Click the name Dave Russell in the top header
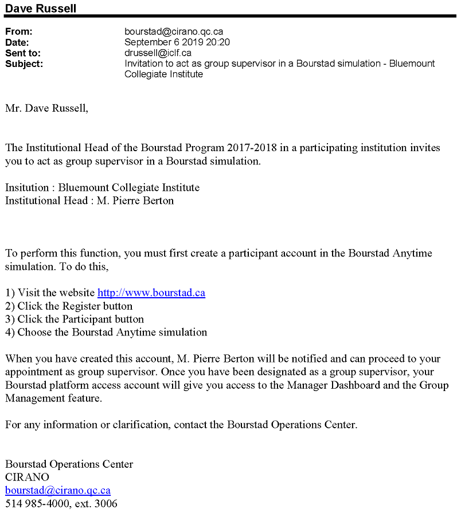(x=40, y=8)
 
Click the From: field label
(x=18, y=32)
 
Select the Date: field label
(x=17, y=42)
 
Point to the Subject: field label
(x=24, y=64)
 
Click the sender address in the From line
(x=173, y=32)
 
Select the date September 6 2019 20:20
(x=177, y=42)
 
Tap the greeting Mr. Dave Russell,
(x=47, y=108)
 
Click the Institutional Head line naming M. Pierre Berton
(x=89, y=201)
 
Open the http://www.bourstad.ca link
(x=151, y=293)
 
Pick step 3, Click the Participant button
(x=75, y=319)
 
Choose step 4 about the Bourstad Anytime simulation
(x=106, y=333)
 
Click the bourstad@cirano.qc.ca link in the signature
(x=58, y=491)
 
